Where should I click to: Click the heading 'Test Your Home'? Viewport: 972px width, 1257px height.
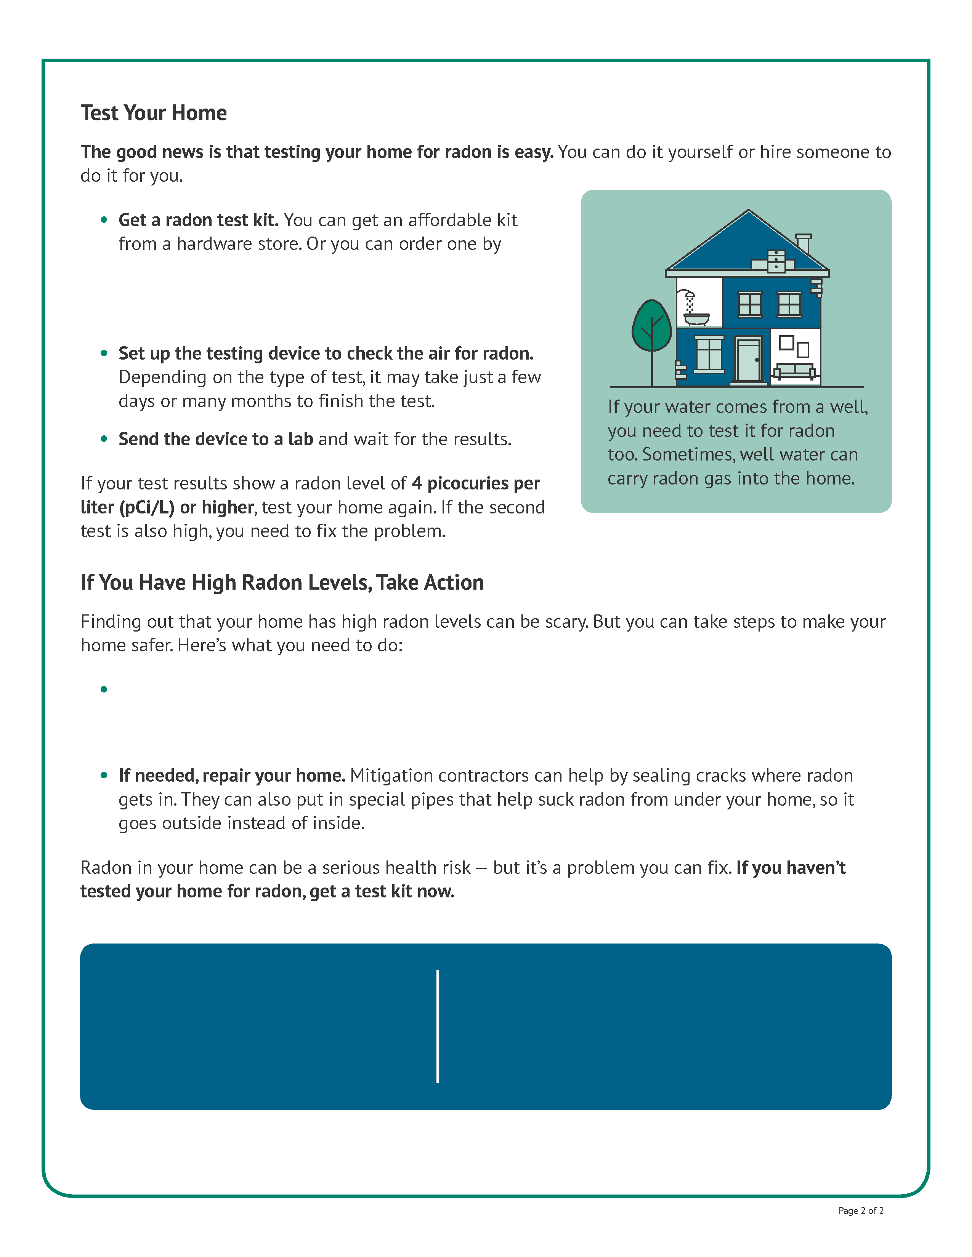153,113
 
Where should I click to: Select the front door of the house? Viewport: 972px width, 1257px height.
749,360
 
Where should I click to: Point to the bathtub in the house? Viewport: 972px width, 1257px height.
696,318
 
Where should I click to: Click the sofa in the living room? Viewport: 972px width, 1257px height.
795,371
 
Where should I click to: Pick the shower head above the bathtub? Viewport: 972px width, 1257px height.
688,295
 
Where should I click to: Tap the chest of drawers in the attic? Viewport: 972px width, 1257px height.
776,260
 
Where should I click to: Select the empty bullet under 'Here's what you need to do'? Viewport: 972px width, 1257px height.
104,689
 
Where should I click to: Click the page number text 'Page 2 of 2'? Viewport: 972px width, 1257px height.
860,1211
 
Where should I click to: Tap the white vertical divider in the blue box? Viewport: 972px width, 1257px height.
438,1026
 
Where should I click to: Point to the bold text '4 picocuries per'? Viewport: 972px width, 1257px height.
476,483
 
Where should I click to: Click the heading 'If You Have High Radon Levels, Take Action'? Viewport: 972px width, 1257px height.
282,582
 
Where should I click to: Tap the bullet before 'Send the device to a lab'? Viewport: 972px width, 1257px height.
104,438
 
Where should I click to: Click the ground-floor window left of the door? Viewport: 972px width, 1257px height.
709,355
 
